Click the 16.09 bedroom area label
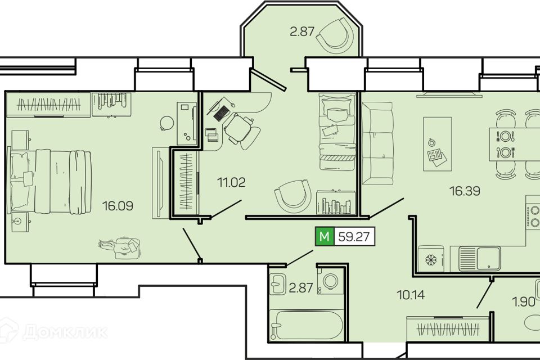[118, 206]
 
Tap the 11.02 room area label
[231, 182]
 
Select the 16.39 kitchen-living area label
[465, 191]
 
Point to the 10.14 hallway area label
[411, 295]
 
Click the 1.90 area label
[524, 302]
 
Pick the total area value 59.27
[354, 237]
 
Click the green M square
[325, 237]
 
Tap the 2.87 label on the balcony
[302, 31]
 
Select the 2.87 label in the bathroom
[300, 287]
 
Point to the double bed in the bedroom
[50, 181]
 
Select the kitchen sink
[480, 258]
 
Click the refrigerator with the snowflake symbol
[431, 259]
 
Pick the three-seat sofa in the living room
[377, 143]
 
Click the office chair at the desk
[241, 130]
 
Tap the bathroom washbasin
[277, 284]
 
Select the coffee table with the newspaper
[438, 144]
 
